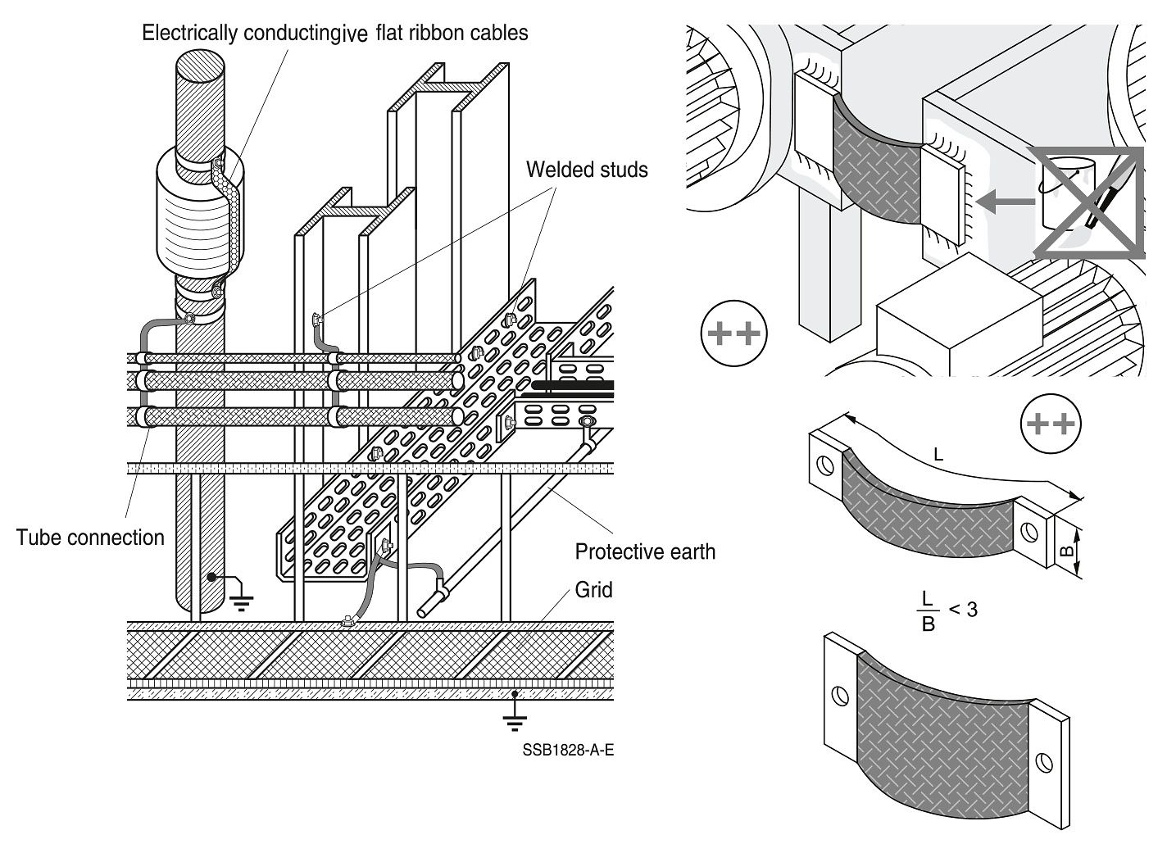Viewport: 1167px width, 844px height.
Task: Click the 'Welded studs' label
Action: click(587, 170)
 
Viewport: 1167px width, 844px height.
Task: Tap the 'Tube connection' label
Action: click(90, 538)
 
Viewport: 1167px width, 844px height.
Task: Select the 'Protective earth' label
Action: click(645, 551)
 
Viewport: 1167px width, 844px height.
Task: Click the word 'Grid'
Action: click(593, 590)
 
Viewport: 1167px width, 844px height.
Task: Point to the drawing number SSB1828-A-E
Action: click(568, 751)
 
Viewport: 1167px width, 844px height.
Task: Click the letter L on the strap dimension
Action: click(938, 456)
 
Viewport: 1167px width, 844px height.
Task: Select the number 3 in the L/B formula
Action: click(972, 609)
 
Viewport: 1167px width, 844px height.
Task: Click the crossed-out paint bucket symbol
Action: click(1088, 202)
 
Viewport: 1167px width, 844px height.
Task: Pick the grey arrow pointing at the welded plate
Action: click(1006, 201)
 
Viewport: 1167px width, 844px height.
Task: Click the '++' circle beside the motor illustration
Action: click(733, 334)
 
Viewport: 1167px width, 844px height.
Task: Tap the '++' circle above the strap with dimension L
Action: click(1051, 424)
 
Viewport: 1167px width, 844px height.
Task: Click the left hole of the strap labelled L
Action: click(824, 464)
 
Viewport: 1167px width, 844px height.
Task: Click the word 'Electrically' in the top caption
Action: click(190, 33)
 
